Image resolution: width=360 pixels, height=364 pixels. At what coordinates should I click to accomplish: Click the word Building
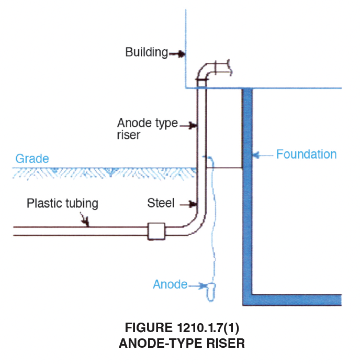[147, 52]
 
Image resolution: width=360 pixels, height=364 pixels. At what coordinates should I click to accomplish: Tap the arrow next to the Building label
[177, 54]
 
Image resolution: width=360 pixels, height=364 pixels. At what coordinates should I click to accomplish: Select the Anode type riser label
[147, 129]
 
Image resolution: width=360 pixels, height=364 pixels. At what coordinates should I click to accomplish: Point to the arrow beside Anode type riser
[188, 126]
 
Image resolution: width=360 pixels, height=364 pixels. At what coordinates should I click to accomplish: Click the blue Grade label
[32, 159]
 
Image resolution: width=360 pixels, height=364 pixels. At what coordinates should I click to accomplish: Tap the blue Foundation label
[307, 154]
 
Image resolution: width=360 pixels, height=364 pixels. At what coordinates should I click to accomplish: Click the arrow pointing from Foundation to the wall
[263, 155]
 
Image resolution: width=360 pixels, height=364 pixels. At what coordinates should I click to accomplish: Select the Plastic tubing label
[62, 203]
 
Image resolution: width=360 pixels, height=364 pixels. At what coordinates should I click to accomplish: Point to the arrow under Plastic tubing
[85, 219]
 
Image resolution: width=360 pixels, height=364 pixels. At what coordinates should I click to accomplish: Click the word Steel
[161, 203]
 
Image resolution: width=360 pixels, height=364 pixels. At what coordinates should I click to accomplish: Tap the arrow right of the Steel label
[188, 204]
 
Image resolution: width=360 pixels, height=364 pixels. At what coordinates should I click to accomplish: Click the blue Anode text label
[170, 284]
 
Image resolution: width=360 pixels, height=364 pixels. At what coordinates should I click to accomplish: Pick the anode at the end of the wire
[211, 292]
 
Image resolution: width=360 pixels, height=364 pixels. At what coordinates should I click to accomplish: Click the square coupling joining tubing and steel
[156, 231]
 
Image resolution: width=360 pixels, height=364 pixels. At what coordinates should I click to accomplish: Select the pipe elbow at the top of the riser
[205, 70]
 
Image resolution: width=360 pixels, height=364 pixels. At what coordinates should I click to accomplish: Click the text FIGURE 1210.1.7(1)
[182, 327]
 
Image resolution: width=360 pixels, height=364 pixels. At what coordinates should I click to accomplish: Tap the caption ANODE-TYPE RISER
[182, 343]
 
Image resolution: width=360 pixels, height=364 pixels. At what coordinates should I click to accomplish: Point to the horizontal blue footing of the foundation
[292, 300]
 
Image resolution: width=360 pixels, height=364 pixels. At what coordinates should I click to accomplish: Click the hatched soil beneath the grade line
[104, 173]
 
